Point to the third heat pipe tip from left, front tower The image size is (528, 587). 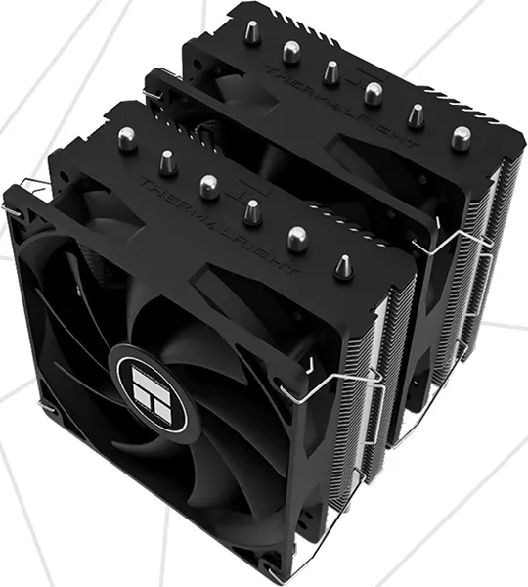pyautogui.click(x=208, y=186)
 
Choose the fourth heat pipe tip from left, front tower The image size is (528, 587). pyautogui.click(x=252, y=210)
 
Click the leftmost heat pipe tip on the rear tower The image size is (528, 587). pyautogui.click(x=252, y=32)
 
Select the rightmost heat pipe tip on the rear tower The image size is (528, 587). pyautogui.click(x=460, y=138)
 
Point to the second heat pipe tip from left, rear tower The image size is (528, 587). pyautogui.click(x=290, y=51)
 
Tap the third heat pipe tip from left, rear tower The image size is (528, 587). pyautogui.click(x=331, y=71)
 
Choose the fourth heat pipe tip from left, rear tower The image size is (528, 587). pyautogui.click(x=373, y=93)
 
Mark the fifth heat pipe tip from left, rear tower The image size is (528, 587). pyautogui.click(x=416, y=114)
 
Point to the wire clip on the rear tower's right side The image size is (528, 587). pyautogui.click(x=455, y=240)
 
